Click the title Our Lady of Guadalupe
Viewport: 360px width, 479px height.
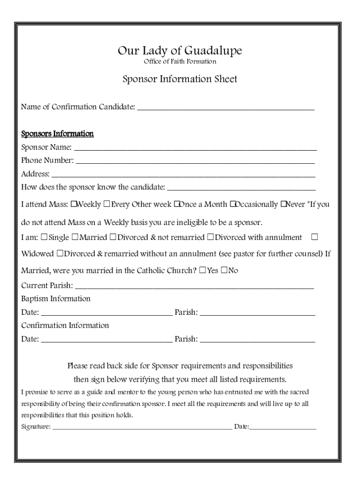pyautogui.click(x=180, y=51)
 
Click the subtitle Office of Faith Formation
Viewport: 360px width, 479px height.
pyautogui.click(x=180, y=61)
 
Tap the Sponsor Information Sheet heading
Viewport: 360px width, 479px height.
pyautogui.click(x=180, y=79)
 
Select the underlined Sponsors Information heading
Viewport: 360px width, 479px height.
pyautogui.click(x=58, y=134)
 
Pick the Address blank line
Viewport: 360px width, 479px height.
pyautogui.click(x=183, y=174)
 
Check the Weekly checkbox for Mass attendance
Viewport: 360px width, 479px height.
pyautogui.click(x=73, y=204)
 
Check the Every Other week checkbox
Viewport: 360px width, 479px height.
pyautogui.click(x=107, y=204)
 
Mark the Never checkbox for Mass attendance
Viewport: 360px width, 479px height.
pyautogui.click(x=283, y=204)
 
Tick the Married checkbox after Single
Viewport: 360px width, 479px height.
pyautogui.click(x=75, y=237)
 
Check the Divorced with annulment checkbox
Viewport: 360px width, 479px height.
pyautogui.click(x=210, y=237)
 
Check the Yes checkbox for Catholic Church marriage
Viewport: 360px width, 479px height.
pyautogui.click(x=202, y=270)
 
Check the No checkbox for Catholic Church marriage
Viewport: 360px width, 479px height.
pyautogui.click(x=224, y=270)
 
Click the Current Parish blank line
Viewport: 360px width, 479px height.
pyautogui.click(x=194, y=286)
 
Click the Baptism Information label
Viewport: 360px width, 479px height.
pyautogui.click(x=56, y=298)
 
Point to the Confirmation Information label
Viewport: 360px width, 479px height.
pyautogui.click(x=65, y=325)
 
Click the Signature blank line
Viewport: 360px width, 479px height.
pyautogui.click(x=142, y=427)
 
